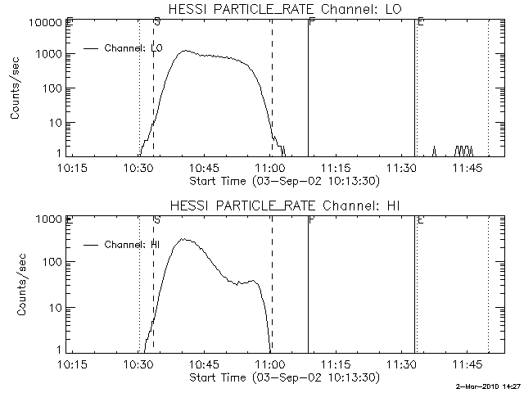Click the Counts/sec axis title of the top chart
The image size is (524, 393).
16,90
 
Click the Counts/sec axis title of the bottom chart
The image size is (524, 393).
16,286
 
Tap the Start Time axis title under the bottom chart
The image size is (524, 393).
283,377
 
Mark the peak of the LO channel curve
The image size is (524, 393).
186,51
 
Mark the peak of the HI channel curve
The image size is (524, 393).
185,239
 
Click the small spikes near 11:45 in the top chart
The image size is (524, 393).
464,151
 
